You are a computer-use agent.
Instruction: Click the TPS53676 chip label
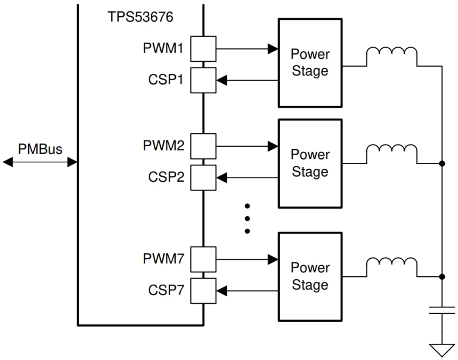point(140,17)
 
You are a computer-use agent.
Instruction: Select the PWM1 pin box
point(203,49)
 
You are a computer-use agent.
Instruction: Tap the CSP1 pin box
point(203,80)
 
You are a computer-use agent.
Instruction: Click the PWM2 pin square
point(203,146)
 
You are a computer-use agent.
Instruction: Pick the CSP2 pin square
point(203,178)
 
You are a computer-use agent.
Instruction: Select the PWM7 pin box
point(203,259)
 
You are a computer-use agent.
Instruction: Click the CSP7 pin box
point(203,291)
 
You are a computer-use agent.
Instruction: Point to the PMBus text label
point(40,149)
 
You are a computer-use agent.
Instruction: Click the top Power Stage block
point(310,62)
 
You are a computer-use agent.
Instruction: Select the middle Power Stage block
point(310,163)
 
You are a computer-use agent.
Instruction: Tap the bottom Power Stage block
point(310,276)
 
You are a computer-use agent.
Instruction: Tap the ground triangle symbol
point(442,349)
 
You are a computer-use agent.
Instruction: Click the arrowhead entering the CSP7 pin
point(222,291)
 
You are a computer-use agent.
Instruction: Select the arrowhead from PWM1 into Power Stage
point(273,49)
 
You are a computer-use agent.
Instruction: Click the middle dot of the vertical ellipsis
point(247,218)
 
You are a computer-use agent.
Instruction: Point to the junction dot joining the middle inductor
point(442,164)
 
